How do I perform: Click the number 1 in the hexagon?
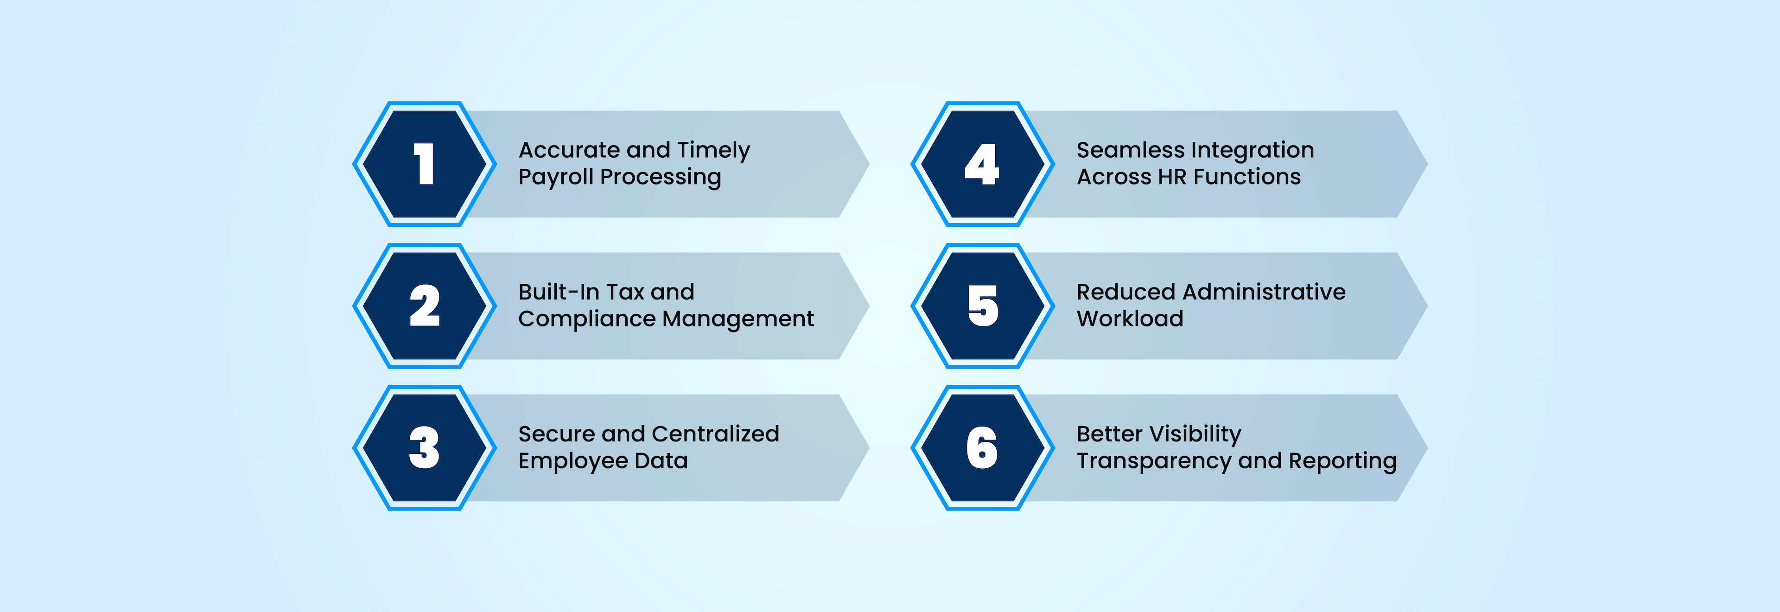(424, 165)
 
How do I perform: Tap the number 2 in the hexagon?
(424, 306)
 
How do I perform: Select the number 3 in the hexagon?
(424, 447)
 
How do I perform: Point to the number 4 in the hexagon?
(982, 165)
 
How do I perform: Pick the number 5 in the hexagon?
(983, 306)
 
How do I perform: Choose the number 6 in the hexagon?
(982, 447)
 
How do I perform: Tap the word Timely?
(713, 151)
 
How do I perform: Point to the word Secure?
(557, 434)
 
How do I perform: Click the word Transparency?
(1155, 461)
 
